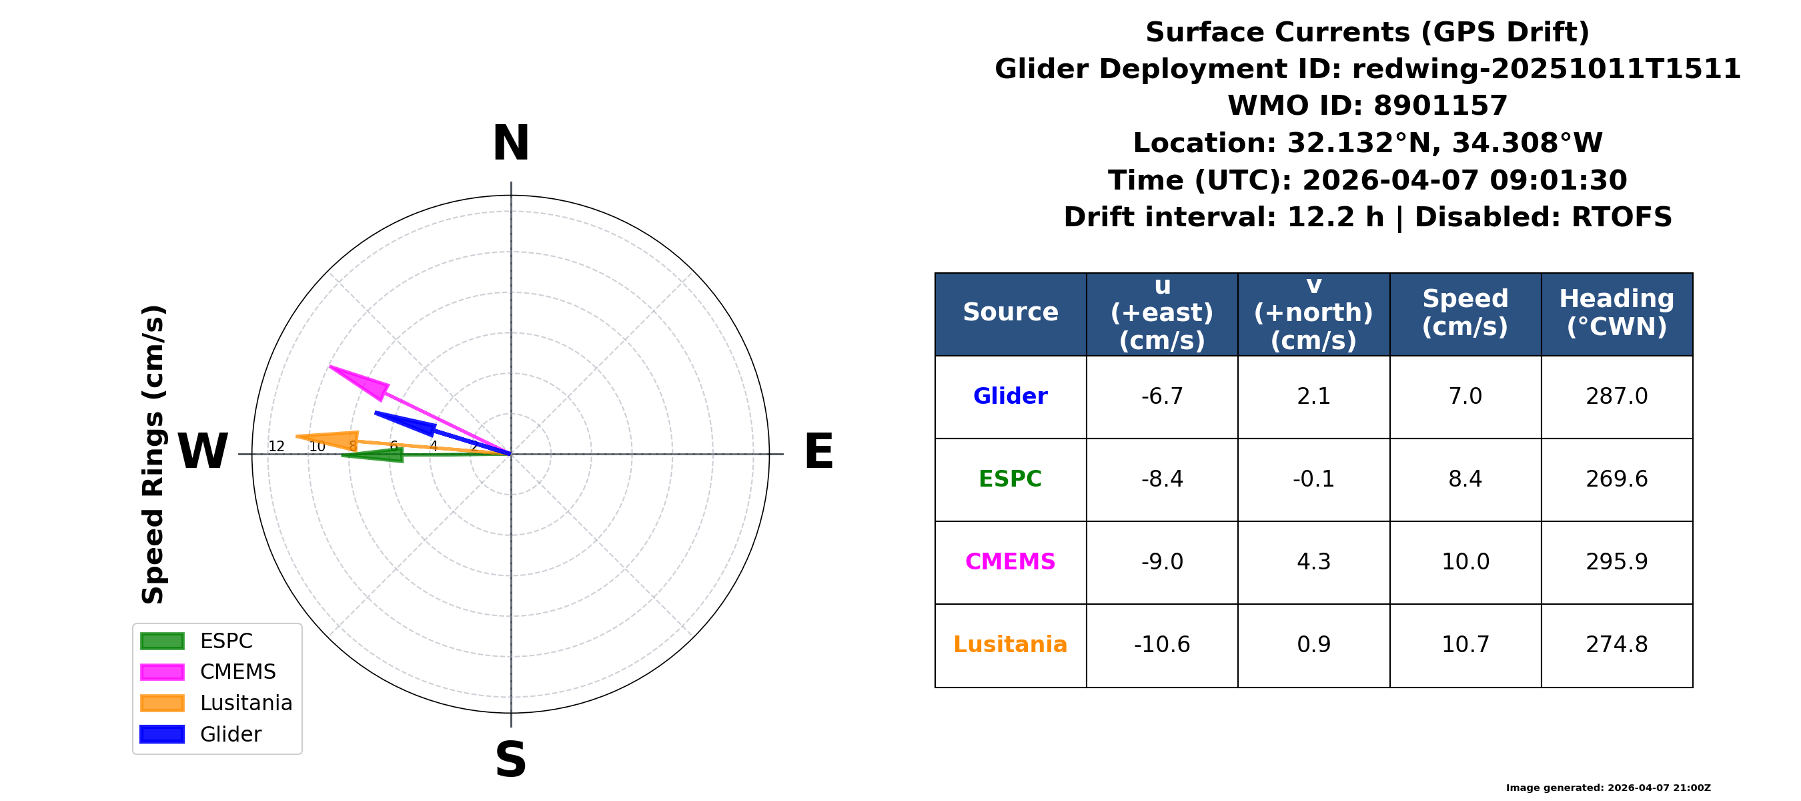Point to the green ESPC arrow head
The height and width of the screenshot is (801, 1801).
point(375,455)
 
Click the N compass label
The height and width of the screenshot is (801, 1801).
point(511,144)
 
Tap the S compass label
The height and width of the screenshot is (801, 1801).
point(510,760)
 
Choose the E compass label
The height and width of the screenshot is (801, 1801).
point(818,452)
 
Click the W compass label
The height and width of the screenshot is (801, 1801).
point(203,452)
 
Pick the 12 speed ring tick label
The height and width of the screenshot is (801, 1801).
point(276,447)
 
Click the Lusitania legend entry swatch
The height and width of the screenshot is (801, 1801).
point(162,703)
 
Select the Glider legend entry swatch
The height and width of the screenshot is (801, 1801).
point(162,734)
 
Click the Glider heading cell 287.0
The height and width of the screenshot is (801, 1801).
point(1616,396)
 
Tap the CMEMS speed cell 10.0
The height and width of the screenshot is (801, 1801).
point(1465,562)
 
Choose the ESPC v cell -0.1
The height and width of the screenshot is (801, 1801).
point(1313,479)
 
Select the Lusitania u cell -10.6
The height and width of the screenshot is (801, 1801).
point(1162,644)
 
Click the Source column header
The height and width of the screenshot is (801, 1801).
point(1011,312)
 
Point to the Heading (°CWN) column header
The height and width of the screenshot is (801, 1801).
point(1616,312)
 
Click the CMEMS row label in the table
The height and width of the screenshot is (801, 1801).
point(1011,562)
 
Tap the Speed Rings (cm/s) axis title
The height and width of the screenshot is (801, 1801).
point(153,455)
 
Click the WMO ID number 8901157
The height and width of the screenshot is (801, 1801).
point(1440,105)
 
